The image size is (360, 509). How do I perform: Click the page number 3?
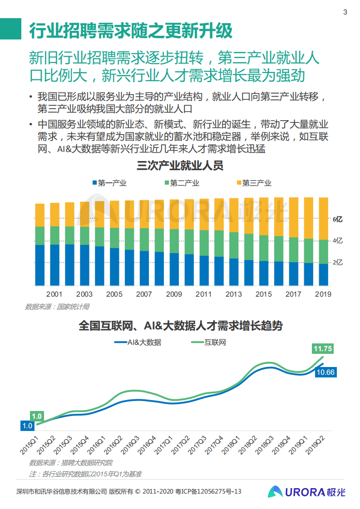point(345,12)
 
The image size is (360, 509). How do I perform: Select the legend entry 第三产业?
point(253,183)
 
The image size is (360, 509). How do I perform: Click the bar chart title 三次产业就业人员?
point(180,166)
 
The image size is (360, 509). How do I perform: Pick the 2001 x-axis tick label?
point(54,294)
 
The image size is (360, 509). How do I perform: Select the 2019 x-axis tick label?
point(323,294)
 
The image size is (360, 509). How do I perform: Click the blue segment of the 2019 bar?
point(323,274)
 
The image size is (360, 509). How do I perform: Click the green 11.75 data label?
point(323,348)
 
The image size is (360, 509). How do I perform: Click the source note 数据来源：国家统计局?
point(57,307)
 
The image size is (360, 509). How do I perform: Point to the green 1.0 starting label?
point(37,416)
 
